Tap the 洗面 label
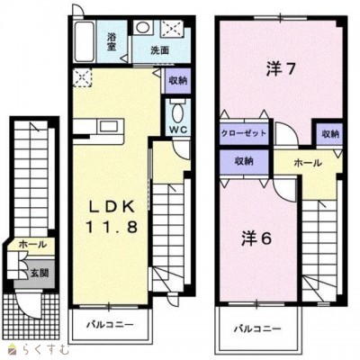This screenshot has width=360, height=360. pyautogui.click(x=161, y=51)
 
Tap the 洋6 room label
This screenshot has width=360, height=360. pyautogui.click(x=255, y=238)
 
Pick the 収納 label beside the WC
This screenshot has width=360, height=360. pyautogui.click(x=176, y=79)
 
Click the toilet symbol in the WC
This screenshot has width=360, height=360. pyautogui.click(x=176, y=112)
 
